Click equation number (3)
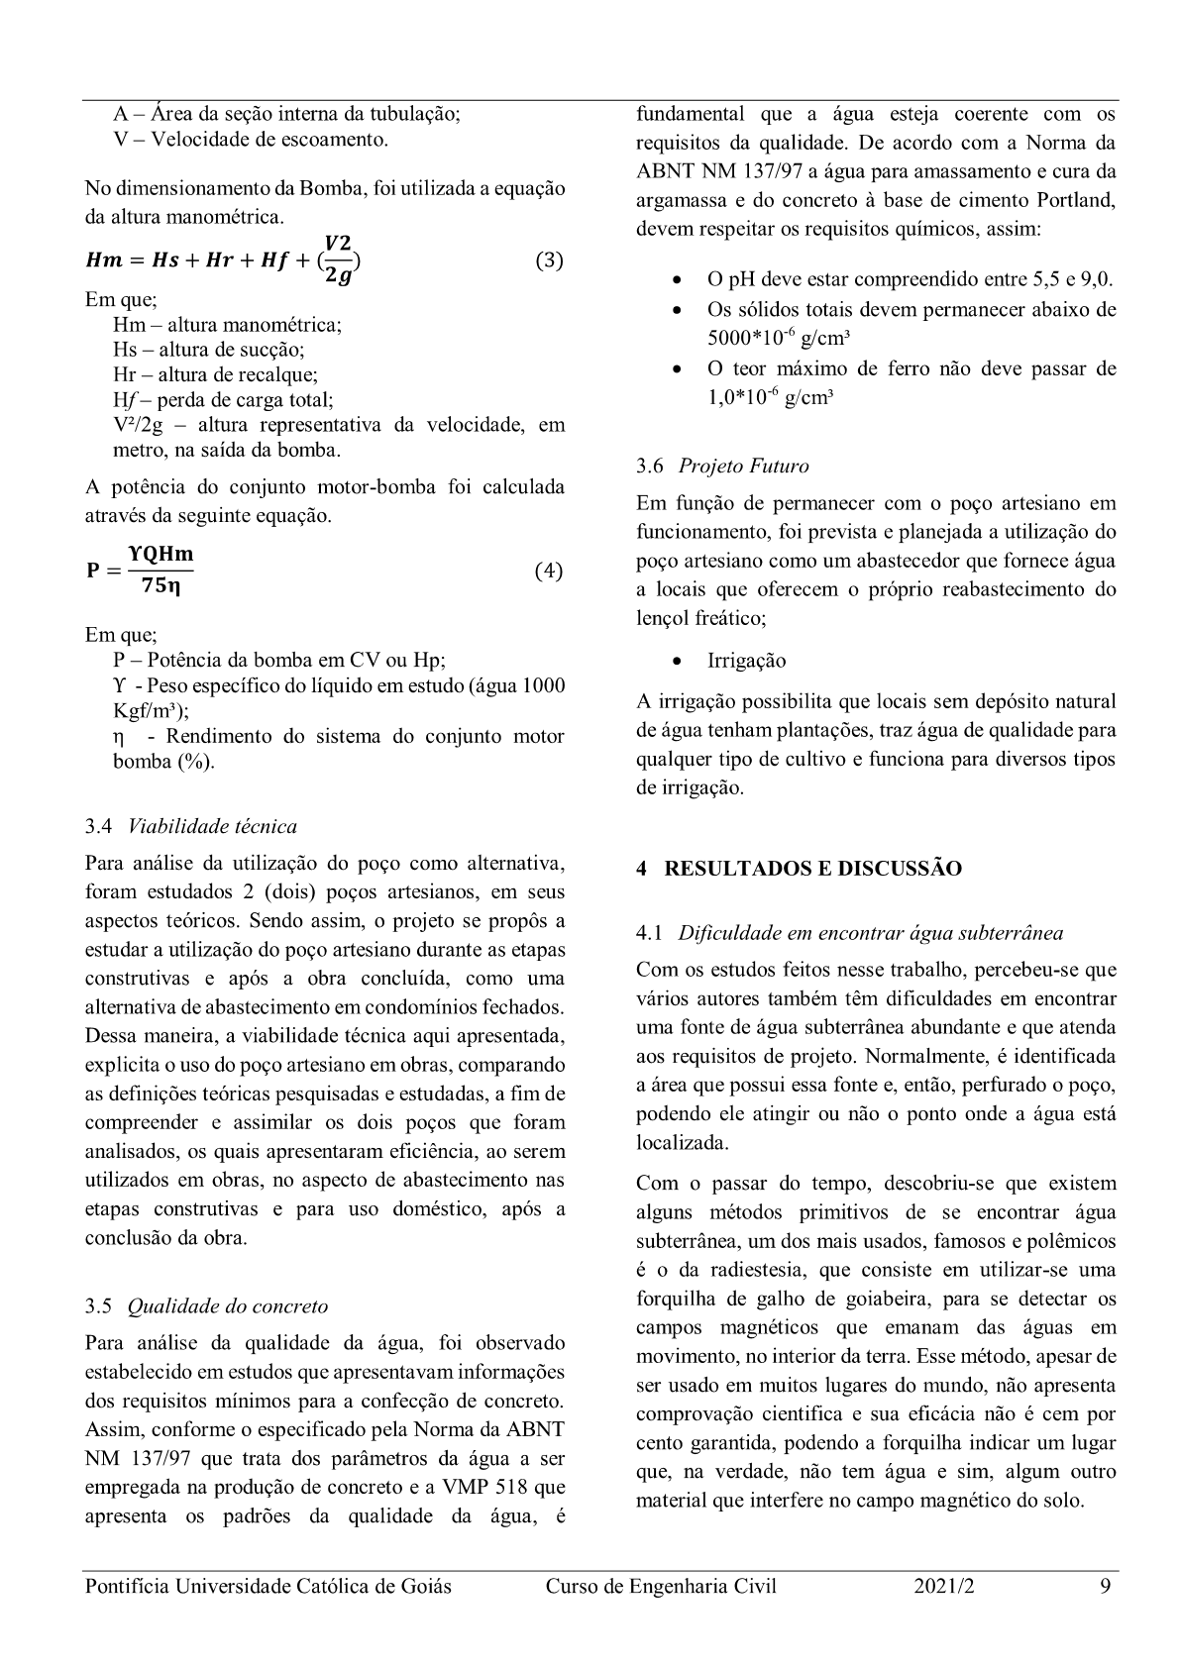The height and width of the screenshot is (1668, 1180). coord(549,261)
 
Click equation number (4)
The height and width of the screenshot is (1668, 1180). coord(548,571)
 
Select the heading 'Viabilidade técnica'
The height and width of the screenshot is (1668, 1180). coord(212,826)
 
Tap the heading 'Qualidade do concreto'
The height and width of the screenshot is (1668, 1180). coord(227,1305)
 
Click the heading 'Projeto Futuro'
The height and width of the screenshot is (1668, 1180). coord(743,466)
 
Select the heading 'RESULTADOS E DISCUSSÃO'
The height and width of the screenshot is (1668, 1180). coord(812,869)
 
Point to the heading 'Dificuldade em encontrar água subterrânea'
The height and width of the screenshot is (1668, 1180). coord(871,932)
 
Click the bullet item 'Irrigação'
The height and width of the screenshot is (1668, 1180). coord(746,661)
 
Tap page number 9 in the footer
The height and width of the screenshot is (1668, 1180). coord(1105,1586)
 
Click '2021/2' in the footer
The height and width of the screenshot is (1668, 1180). coord(944,1586)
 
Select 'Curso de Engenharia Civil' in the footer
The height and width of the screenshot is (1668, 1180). coord(661,1586)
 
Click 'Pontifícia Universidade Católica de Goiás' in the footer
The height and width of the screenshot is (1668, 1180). coord(268,1586)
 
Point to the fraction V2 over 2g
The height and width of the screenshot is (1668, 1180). coord(338,260)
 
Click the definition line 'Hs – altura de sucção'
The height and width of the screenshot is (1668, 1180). coord(209,350)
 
